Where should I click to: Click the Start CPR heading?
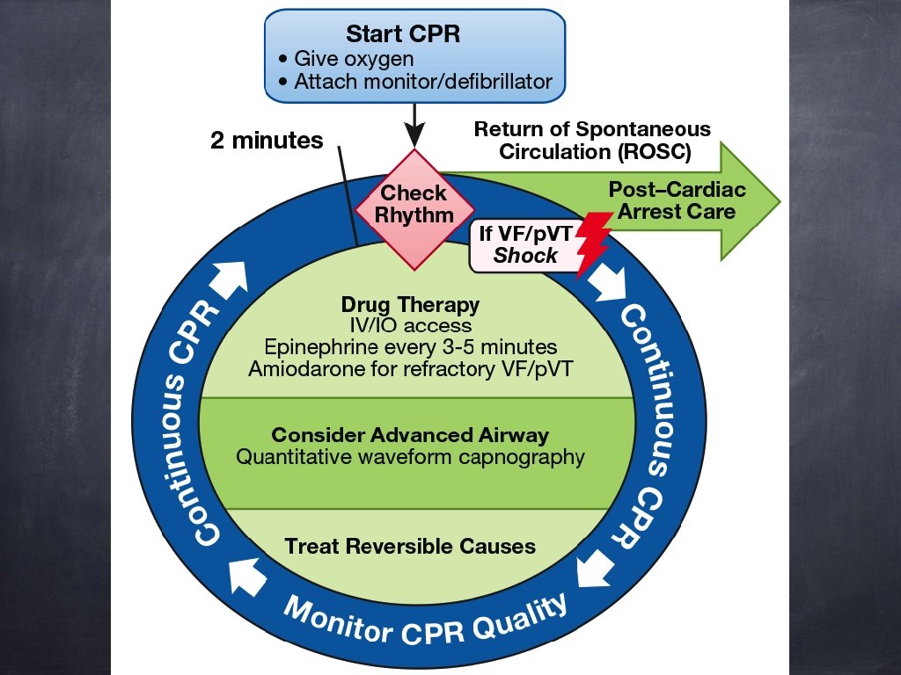[414, 35]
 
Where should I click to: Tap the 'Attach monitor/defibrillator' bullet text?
[422, 82]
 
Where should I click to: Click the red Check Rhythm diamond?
[414, 204]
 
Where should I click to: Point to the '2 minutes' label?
[266, 140]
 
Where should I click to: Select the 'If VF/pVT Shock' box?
[525, 244]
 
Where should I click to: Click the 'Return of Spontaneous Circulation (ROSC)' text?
[592, 140]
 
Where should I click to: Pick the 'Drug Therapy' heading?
[410, 305]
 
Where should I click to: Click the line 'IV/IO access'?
[410, 326]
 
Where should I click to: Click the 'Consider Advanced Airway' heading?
[410, 435]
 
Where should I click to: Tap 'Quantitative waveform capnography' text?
[410, 456]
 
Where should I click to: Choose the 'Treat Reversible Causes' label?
[410, 546]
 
